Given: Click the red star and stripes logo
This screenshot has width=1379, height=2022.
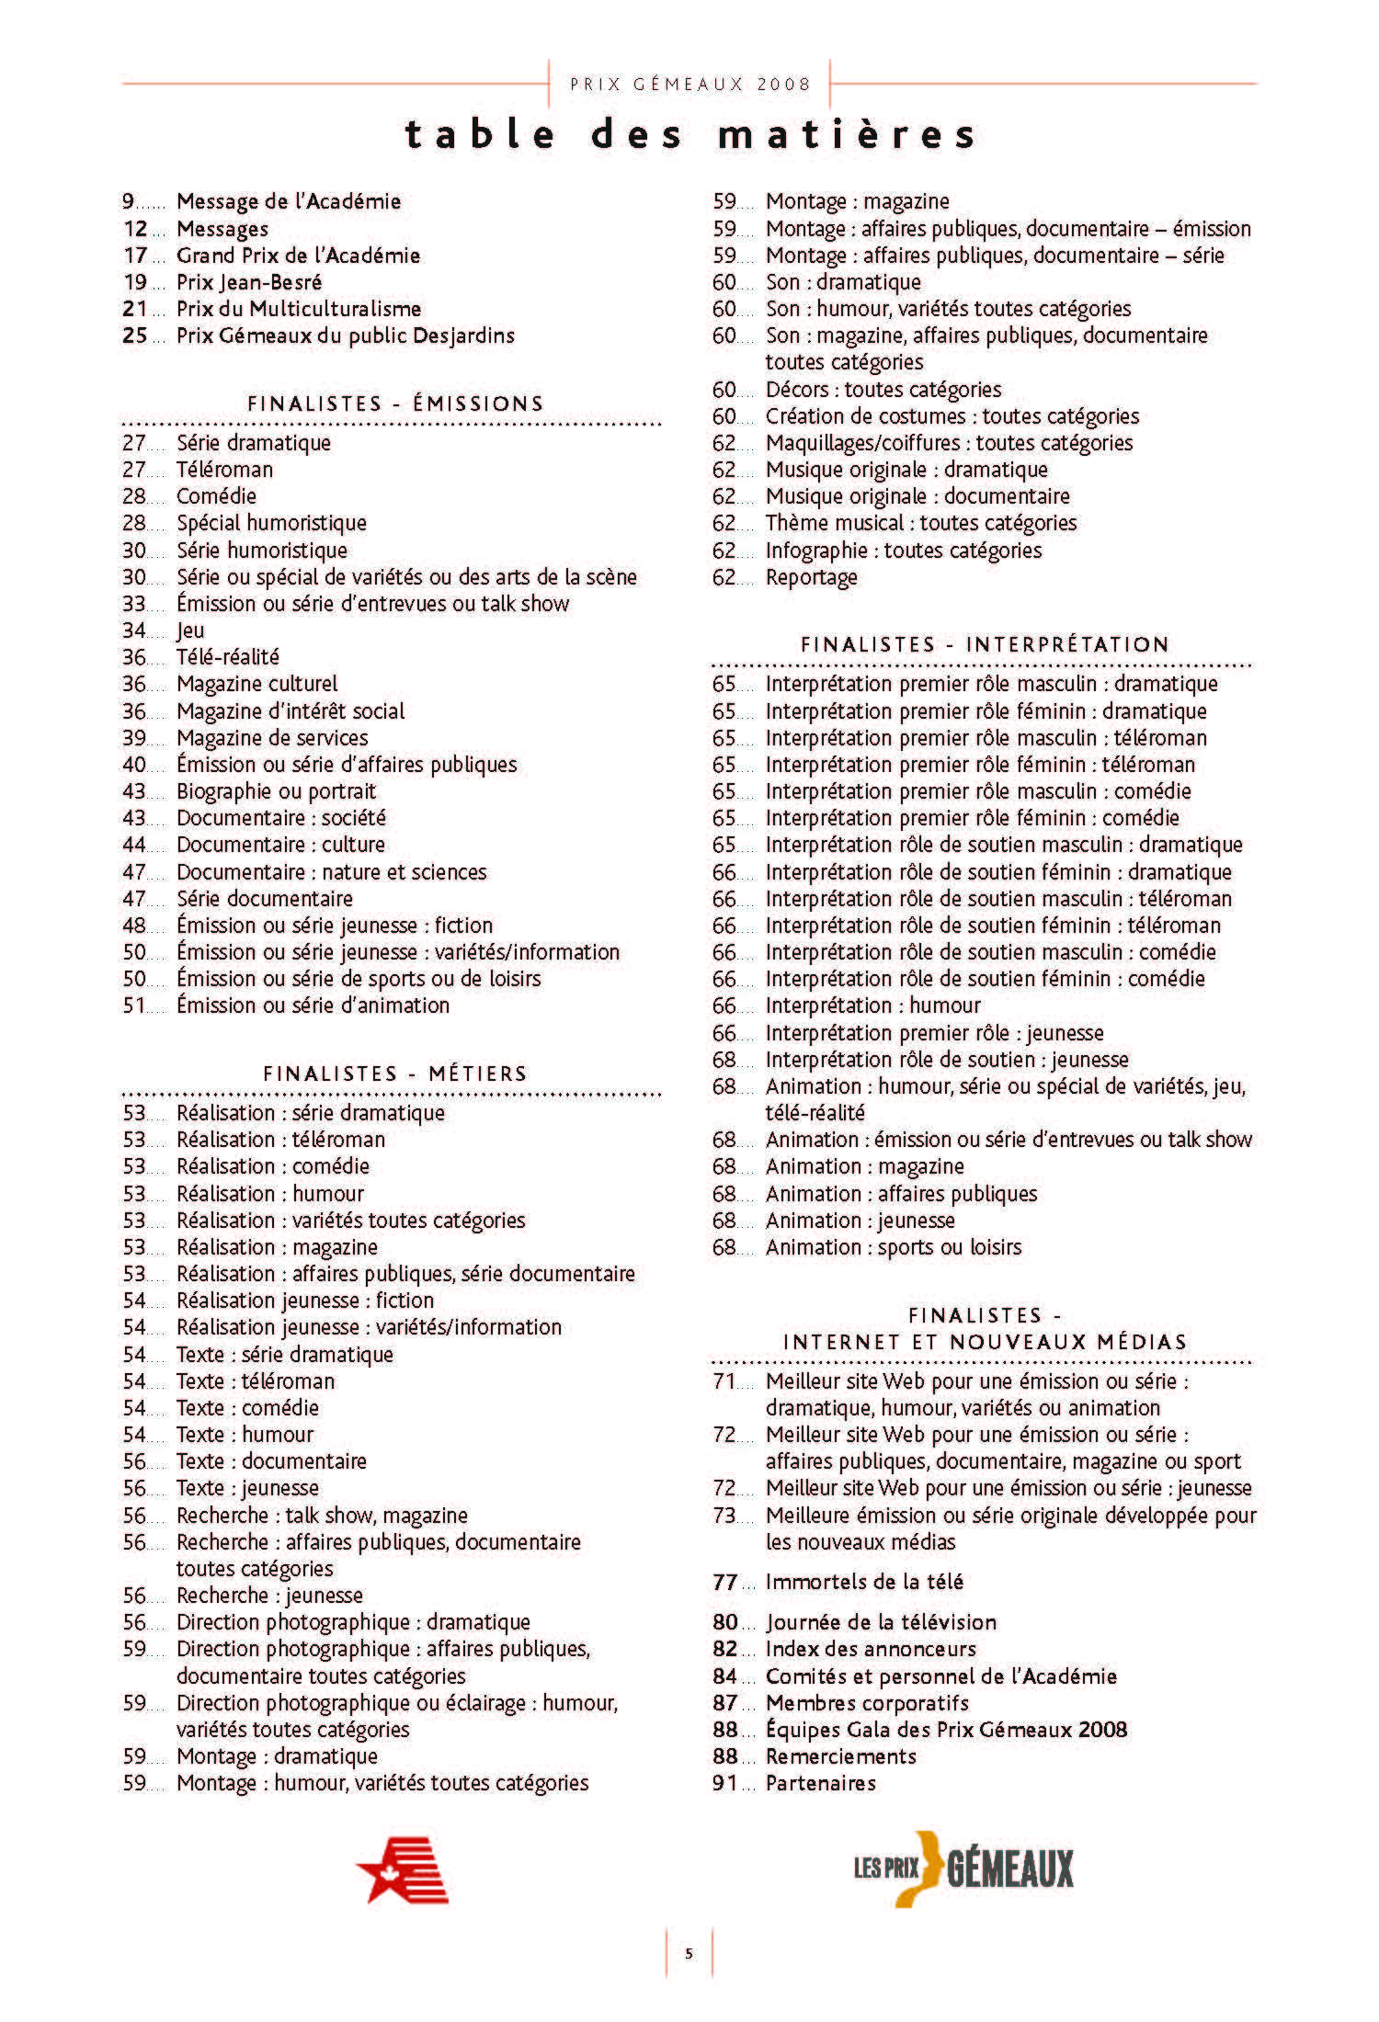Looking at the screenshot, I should coord(403,1869).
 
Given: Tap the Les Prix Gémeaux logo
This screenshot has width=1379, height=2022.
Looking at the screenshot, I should coord(963,1869).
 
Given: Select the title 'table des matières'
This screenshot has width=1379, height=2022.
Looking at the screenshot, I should coord(689,134).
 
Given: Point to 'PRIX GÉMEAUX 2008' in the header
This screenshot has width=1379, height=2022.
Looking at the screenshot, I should coord(690,85).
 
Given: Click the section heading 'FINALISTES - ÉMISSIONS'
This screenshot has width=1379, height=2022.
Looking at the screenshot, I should coord(395,403).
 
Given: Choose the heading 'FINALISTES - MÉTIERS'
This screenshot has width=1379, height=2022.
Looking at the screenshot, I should coord(395,1073).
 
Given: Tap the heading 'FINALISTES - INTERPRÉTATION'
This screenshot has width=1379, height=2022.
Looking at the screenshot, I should coord(985,644).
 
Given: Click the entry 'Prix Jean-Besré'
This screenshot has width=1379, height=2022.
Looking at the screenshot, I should coord(249,282).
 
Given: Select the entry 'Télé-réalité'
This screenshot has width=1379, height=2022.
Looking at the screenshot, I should coord(228,657).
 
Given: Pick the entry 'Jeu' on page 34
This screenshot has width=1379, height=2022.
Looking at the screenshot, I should coord(190,630).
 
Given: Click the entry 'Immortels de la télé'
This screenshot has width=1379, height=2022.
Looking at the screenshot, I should coord(864,1582).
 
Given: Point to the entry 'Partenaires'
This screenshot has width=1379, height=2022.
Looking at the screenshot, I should coord(820,1783).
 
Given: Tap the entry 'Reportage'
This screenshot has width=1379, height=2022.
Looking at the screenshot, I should coord(811,577).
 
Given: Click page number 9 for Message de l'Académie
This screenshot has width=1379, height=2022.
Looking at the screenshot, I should coord(129,201).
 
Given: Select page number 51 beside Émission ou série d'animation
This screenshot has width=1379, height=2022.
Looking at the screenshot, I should coord(134,1005).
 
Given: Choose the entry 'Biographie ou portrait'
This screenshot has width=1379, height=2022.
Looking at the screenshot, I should coord(276,791).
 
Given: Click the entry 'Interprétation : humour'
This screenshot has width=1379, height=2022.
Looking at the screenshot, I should coord(872,1005).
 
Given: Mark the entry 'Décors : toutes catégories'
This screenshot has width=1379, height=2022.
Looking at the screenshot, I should coord(883,390).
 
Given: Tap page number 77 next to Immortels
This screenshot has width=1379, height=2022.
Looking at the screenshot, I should coord(724,1582).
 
